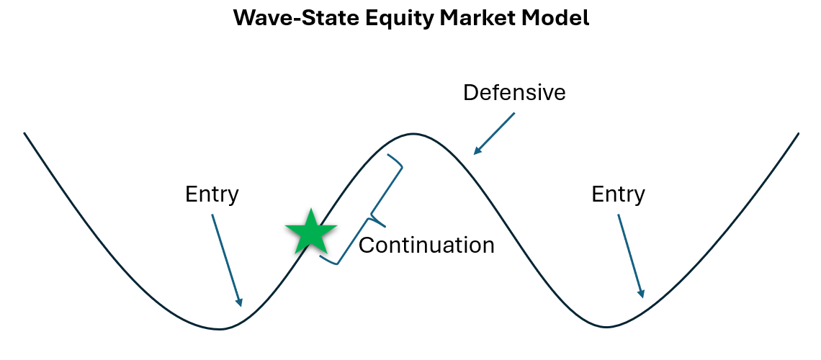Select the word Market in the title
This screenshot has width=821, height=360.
pos(462,19)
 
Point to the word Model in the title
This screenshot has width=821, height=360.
pos(555,19)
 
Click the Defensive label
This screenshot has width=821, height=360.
pos(514,93)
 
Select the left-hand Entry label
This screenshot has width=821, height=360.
pos(212,194)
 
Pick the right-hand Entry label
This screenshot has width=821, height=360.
pos(618,194)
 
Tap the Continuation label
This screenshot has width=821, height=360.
pos(426,245)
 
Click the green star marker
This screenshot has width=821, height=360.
pos(311,232)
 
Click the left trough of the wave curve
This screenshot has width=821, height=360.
pos(220,329)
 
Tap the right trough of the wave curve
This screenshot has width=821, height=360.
pos(606,327)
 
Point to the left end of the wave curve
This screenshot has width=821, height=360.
pos(24,133)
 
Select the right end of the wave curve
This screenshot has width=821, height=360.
pos(799,133)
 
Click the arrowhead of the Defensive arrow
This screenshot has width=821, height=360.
pos(475,151)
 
